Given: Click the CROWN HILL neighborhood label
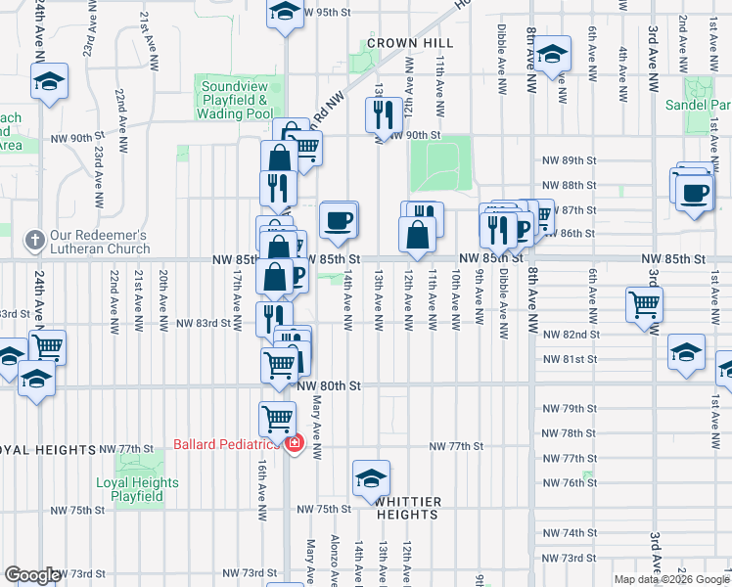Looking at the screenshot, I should (x=410, y=43).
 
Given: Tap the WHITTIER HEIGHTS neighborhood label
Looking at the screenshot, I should (x=407, y=508).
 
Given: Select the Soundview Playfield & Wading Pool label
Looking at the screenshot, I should (x=235, y=100).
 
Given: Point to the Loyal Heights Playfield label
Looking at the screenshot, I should (x=137, y=489).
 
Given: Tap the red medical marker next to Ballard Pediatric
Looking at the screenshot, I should (x=295, y=444).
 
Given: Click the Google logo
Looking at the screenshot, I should (x=32, y=575).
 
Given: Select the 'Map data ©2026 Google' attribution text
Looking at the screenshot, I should (x=669, y=579).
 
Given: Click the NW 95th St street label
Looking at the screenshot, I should (x=327, y=13).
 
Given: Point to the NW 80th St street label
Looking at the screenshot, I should (x=330, y=386).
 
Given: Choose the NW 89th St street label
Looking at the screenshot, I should (x=570, y=159).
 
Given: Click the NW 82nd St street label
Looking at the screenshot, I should (x=570, y=335).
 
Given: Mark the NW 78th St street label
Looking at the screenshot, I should (x=570, y=432).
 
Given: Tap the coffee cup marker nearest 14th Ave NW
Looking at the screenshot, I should (x=339, y=220).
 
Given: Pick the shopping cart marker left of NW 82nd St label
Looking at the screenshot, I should (x=645, y=303).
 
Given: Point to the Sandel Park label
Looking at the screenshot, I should (x=697, y=105).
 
